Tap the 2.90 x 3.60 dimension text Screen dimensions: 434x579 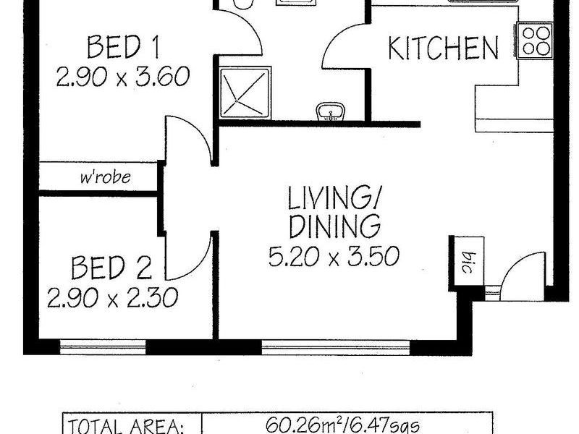(123, 76)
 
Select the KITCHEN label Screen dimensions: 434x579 (443, 48)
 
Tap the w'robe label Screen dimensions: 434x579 (106, 176)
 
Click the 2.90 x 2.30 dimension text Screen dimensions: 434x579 (112, 297)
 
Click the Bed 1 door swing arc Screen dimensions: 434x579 (190, 137)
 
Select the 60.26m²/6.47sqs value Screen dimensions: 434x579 (346, 424)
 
